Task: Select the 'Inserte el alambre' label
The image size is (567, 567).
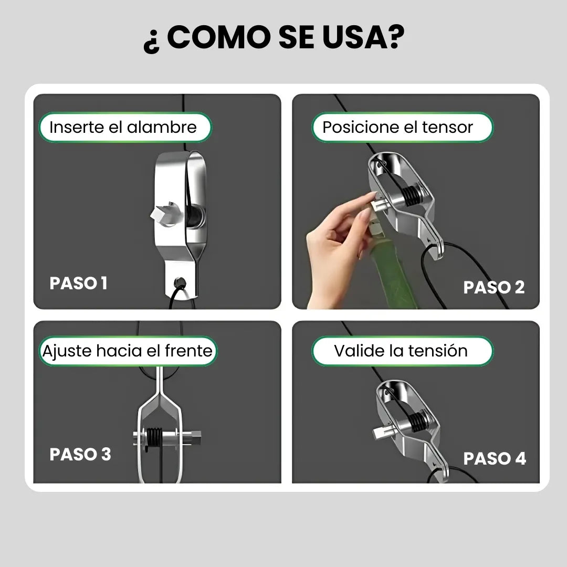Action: [124, 127]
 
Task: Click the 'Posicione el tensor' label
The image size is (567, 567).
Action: [397, 127]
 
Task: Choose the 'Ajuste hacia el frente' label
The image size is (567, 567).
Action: [128, 351]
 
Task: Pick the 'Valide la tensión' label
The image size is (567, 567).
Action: [401, 351]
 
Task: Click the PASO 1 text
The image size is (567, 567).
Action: [78, 283]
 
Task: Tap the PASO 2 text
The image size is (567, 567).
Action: [493, 287]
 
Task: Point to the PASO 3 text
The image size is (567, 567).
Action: [80, 454]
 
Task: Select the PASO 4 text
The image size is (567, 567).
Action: [494, 458]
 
